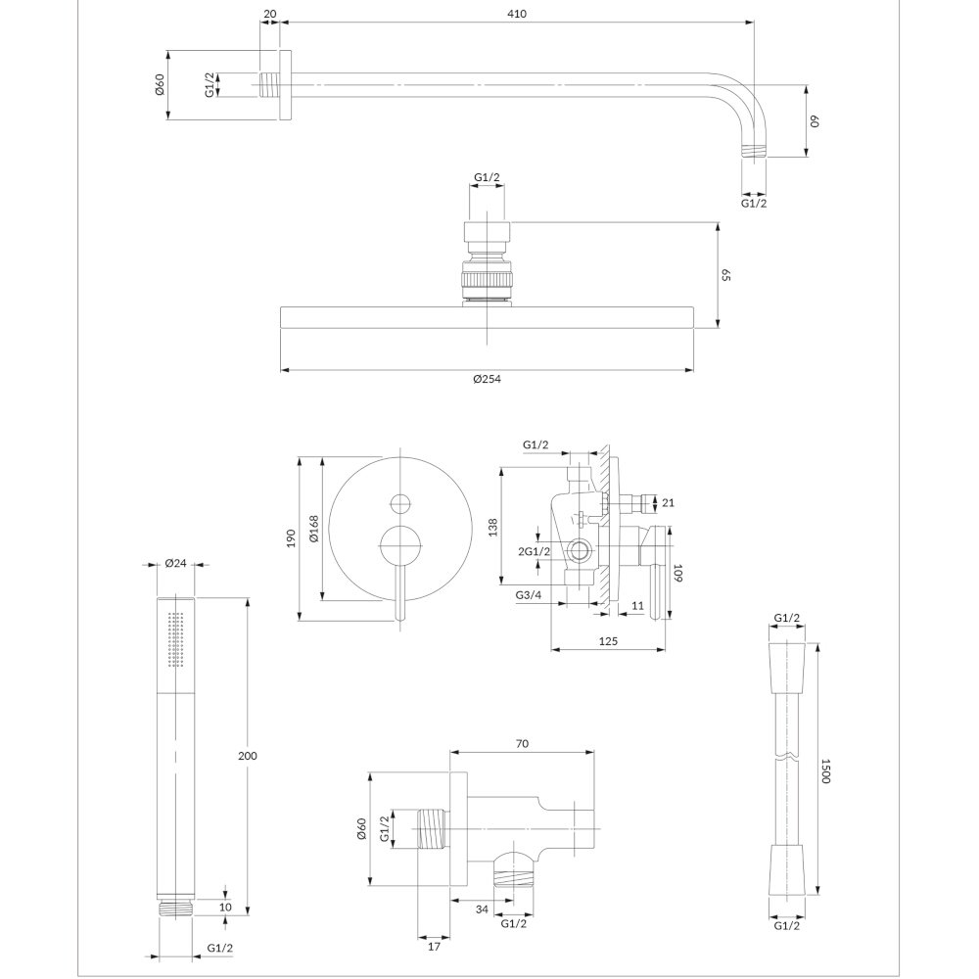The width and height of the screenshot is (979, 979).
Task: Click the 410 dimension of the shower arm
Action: [x=517, y=14]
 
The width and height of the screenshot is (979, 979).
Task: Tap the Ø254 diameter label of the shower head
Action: [x=487, y=379]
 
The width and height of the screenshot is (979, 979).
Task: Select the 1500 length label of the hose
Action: [x=824, y=771]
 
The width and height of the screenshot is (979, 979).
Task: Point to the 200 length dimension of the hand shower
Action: [x=248, y=756]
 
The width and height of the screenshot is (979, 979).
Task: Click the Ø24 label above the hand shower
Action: [x=175, y=563]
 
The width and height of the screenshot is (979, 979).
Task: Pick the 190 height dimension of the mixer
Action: [x=291, y=538]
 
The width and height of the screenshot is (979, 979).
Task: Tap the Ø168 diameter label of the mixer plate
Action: [x=313, y=528]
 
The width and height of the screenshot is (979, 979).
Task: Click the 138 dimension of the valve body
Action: [x=493, y=527]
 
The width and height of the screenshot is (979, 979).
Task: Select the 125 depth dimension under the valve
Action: [x=608, y=641]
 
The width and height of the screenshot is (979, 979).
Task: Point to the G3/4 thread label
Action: [x=529, y=595]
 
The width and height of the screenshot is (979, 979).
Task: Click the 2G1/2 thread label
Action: [x=535, y=551]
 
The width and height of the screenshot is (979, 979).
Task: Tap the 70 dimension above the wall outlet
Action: [x=522, y=744]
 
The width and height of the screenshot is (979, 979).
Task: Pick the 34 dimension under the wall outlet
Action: [x=482, y=909]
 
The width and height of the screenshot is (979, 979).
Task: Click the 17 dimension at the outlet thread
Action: [x=435, y=947]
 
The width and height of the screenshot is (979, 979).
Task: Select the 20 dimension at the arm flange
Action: [x=270, y=14]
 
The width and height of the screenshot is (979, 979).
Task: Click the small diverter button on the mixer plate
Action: [x=399, y=502]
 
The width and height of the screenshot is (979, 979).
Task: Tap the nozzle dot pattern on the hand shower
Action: [x=175, y=640]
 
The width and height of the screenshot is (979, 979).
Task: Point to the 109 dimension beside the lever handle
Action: [x=678, y=573]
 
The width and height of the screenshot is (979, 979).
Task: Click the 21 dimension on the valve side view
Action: [x=668, y=502]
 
